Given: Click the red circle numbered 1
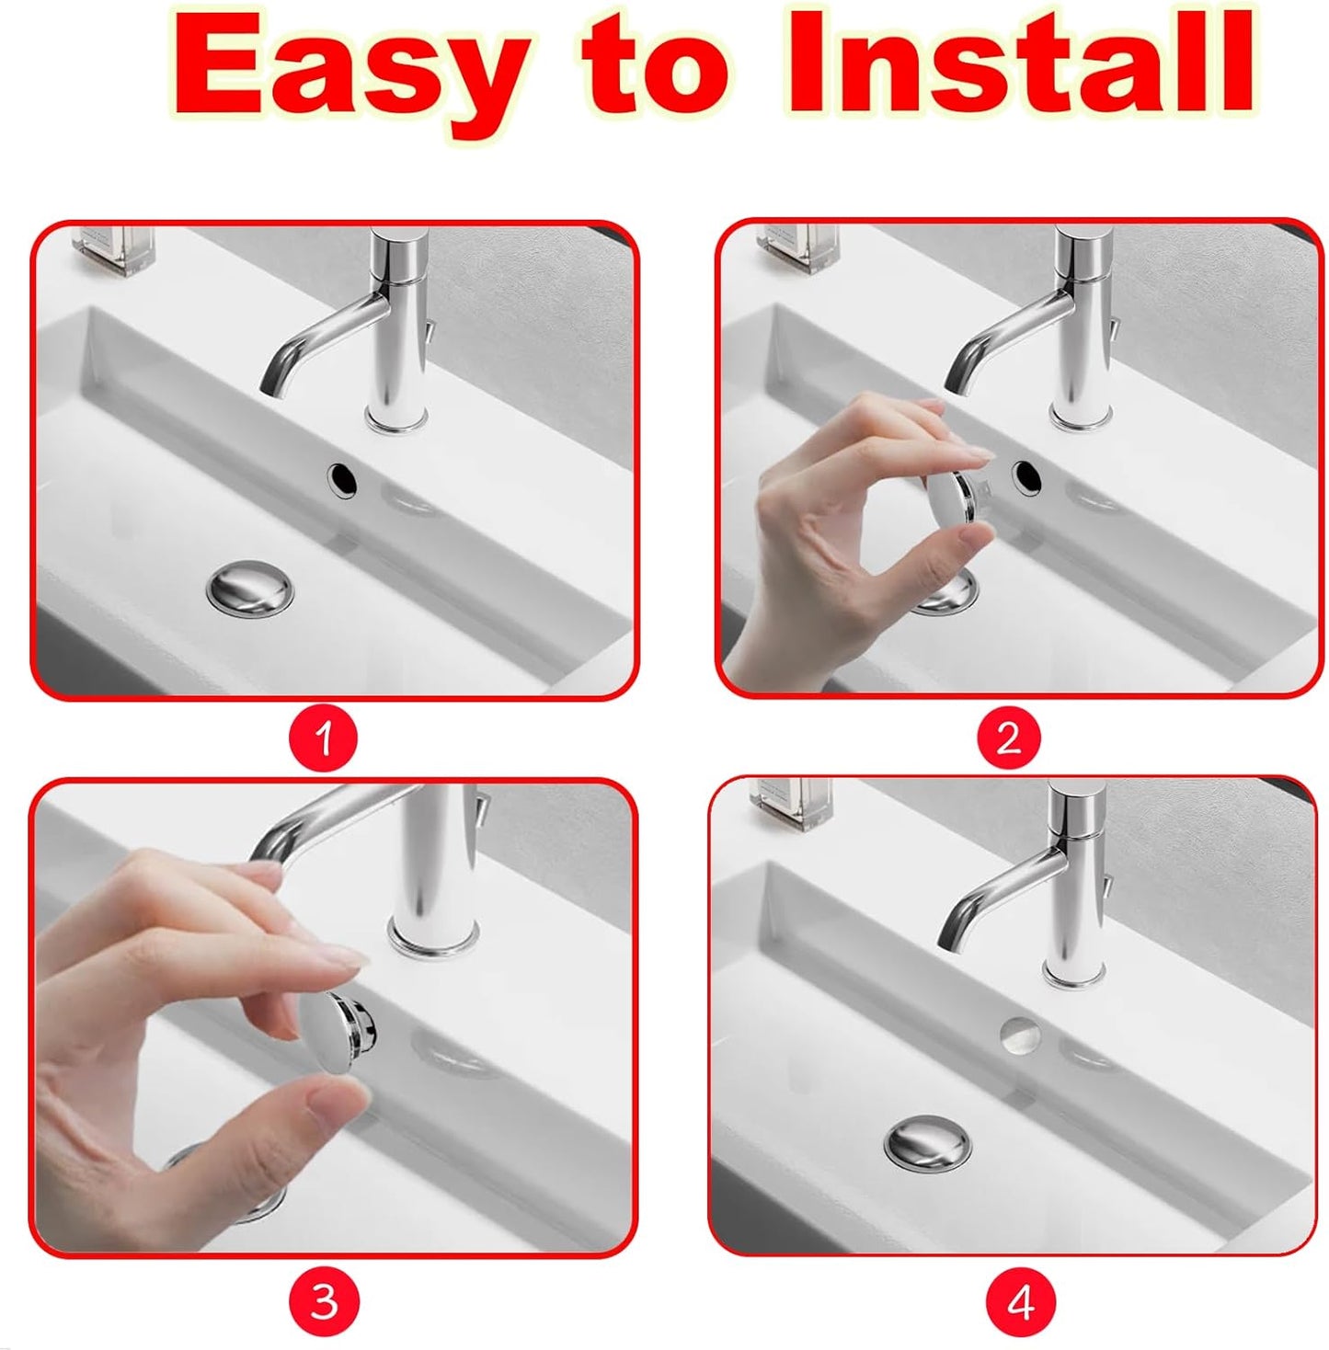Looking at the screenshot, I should (323, 738).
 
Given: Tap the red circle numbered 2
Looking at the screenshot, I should (1008, 738).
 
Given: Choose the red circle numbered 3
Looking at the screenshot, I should (323, 1302).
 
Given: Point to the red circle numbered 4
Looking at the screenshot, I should (1020, 1302).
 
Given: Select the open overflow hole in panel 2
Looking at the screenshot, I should (1026, 476).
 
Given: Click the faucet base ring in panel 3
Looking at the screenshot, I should (433, 938).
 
